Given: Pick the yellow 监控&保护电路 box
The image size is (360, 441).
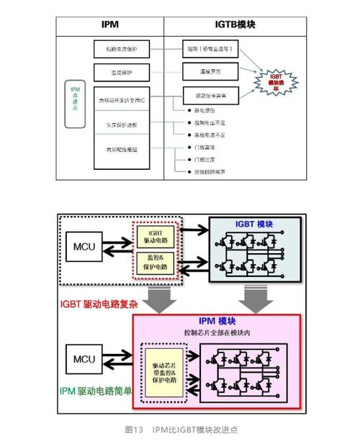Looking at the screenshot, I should pyautogui.click(x=156, y=261).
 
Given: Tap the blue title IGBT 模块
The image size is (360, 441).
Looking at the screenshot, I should pyautogui.click(x=253, y=225).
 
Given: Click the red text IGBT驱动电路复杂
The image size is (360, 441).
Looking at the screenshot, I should pyautogui.click(x=99, y=304).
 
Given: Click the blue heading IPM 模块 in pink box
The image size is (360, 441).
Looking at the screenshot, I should pyautogui.click(x=217, y=322).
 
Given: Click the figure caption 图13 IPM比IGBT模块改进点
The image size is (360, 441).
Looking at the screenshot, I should pyautogui.click(x=181, y=429).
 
